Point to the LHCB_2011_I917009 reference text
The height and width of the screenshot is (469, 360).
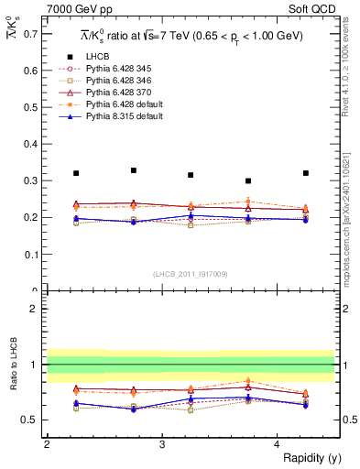(191, 272)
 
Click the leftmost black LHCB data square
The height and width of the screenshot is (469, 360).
(76, 173)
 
